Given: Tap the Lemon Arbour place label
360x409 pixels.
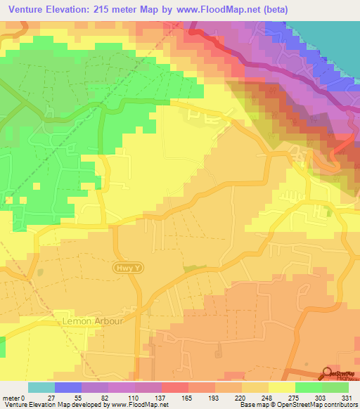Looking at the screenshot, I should [x=94, y=321].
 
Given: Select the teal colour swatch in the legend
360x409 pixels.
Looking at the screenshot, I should [x=41, y=387].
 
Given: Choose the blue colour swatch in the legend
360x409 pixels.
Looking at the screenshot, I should [x=67, y=387].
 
